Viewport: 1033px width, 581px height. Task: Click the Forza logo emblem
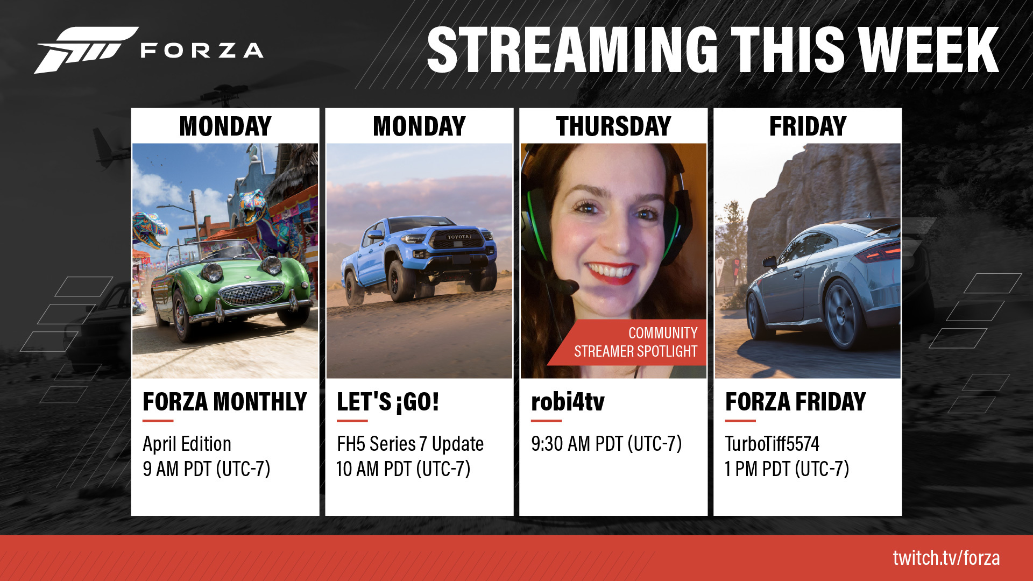86,49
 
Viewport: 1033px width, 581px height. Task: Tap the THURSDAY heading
613,126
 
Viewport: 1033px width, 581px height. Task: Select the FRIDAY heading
808,126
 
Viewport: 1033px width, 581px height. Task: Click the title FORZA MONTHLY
225,402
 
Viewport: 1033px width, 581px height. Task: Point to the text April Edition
187,444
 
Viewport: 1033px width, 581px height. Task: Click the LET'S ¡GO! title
388,402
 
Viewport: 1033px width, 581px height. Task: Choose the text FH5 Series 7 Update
410,444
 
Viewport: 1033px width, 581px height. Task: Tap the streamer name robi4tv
568,402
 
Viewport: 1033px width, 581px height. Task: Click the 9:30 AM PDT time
606,444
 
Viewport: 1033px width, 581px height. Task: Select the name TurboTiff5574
772,444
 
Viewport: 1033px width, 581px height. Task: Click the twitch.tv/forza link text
946,558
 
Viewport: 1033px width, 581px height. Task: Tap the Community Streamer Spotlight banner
627,342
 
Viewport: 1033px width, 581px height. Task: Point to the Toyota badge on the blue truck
459,237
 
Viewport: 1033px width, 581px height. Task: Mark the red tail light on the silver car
879,252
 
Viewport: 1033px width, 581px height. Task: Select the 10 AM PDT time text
404,469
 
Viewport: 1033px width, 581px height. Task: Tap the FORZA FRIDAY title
795,402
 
